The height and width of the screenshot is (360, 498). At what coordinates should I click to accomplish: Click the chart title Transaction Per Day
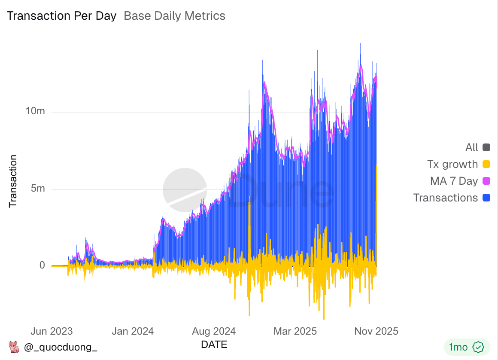(62, 16)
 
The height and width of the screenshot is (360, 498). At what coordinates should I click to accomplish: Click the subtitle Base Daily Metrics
(174, 16)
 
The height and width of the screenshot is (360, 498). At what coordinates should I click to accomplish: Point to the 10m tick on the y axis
(35, 111)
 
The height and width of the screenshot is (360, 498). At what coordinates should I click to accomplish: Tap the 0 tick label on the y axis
(42, 265)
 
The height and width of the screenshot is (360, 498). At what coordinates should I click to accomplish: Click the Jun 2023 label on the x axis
(52, 331)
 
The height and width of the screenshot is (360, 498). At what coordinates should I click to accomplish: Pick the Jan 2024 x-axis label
(132, 331)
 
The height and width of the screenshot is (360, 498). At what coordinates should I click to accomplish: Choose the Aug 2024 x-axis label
(214, 331)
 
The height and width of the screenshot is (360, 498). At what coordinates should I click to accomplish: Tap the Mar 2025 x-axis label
(295, 331)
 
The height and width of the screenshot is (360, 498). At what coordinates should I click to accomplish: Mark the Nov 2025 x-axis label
(376, 331)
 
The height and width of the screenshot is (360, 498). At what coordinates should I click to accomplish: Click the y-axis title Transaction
(13, 181)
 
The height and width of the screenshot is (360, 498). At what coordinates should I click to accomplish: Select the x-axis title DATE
(214, 345)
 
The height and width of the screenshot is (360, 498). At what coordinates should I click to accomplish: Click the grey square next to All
(486, 148)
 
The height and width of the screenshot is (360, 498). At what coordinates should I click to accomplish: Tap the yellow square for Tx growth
(486, 165)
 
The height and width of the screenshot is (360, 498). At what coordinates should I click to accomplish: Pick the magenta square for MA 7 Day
(486, 181)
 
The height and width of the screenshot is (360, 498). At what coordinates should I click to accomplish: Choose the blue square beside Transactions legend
(486, 198)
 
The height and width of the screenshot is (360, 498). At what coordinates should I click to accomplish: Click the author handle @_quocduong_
(61, 347)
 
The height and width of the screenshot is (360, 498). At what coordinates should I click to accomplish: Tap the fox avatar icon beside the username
(14, 347)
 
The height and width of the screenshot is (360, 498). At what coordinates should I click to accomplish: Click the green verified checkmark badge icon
(478, 347)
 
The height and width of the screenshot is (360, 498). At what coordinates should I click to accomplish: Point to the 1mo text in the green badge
(459, 347)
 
